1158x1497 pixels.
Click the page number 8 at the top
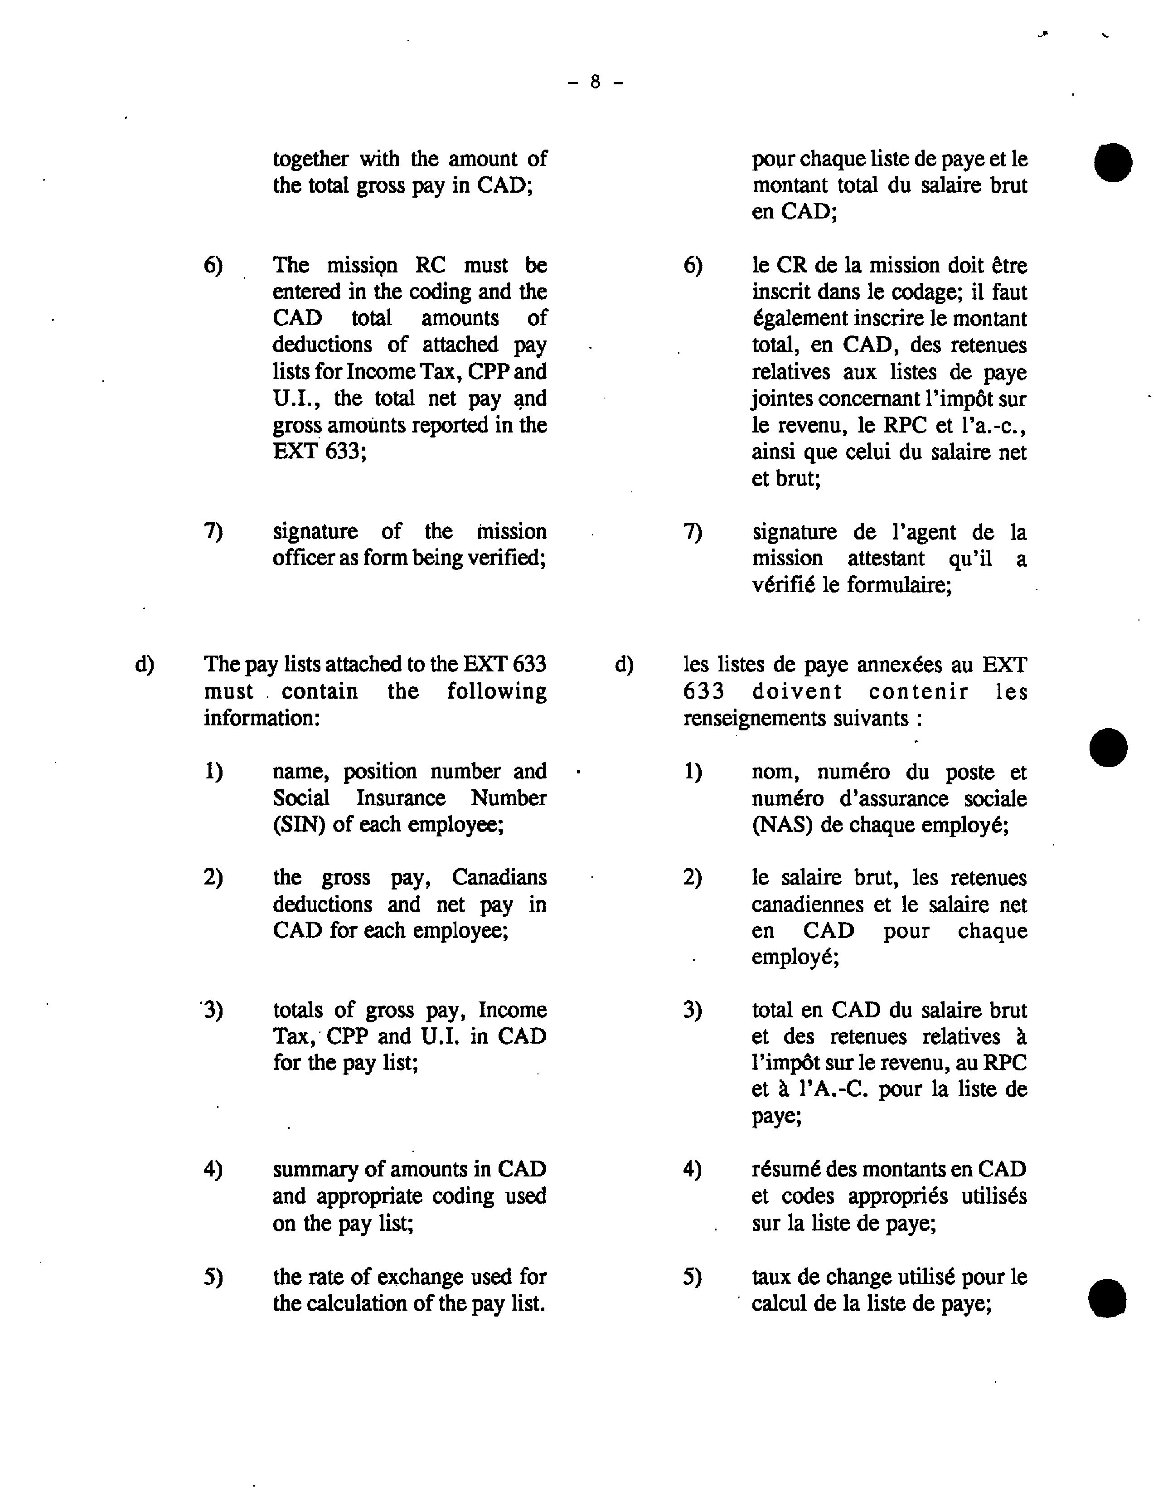595,82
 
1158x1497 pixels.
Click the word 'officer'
297,558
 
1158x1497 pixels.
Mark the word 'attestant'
886,559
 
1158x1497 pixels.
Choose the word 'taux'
771,1276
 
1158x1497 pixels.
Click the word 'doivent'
797,692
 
